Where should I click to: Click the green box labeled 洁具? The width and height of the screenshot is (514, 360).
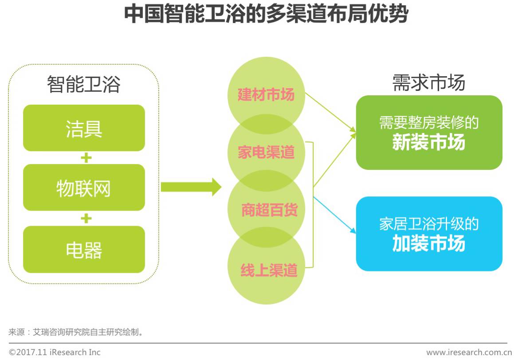pyautogui.click(x=84, y=128)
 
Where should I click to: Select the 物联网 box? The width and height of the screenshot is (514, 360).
pyautogui.click(x=84, y=188)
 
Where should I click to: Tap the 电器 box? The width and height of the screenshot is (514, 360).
pyautogui.click(x=84, y=250)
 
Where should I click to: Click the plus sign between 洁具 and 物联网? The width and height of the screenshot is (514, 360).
pyautogui.click(x=86, y=158)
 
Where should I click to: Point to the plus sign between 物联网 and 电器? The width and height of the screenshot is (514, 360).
pyautogui.click(x=86, y=218)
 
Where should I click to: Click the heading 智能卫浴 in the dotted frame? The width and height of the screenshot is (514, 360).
pyautogui.click(x=84, y=84)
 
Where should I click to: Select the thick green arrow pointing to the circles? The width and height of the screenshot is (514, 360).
pyautogui.click(x=191, y=187)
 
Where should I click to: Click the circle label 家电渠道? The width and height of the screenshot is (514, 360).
pyautogui.click(x=266, y=153)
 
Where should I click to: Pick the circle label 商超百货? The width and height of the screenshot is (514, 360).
pyautogui.click(x=269, y=210)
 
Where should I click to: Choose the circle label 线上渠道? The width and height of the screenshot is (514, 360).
pyautogui.click(x=269, y=270)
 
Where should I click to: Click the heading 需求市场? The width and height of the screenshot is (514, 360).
pyautogui.click(x=429, y=83)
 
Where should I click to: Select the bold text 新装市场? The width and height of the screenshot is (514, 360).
pyautogui.click(x=429, y=143)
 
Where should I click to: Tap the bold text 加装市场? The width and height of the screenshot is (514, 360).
pyautogui.click(x=429, y=244)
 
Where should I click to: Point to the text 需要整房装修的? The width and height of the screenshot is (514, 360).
pyautogui.click(x=429, y=123)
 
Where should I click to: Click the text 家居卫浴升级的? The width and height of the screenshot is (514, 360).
pyautogui.click(x=429, y=224)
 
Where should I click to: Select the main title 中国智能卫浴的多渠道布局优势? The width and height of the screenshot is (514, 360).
pyautogui.click(x=265, y=14)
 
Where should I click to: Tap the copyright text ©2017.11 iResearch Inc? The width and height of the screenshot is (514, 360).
pyautogui.click(x=55, y=352)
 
